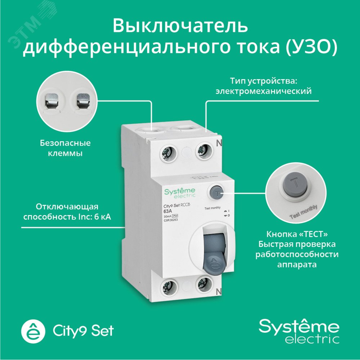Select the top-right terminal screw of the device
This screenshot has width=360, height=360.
203,152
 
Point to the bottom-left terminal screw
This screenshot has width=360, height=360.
168,287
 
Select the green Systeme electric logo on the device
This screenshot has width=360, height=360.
180,192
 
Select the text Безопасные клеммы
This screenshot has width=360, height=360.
65,148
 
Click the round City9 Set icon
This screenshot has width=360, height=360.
33,330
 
